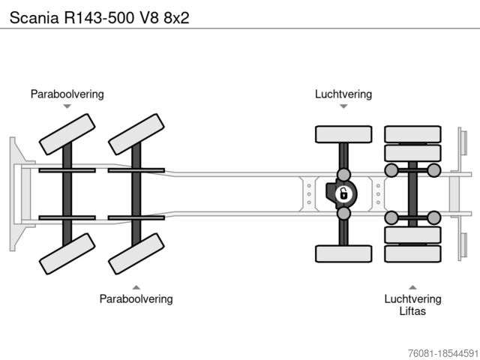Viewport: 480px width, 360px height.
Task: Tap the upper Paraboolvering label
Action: (67, 94)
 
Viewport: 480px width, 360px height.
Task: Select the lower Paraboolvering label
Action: (136, 298)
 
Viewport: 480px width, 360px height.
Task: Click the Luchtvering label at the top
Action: (343, 94)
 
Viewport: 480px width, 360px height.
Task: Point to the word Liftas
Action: (412, 310)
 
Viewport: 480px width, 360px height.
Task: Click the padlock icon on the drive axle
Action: (343, 194)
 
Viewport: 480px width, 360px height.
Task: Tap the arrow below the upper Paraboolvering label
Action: (67, 106)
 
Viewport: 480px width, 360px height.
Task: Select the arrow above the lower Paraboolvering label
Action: (136, 286)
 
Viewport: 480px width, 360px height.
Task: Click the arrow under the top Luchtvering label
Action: (343, 106)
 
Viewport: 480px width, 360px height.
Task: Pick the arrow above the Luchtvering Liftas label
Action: (412, 286)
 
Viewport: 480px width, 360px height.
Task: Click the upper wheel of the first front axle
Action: (67, 134)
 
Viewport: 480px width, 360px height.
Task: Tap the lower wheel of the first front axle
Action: (67, 253)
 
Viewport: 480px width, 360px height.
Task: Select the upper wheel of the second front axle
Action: (136, 134)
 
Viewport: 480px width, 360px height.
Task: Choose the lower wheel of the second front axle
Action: (136, 253)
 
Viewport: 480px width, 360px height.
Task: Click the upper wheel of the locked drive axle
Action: (343, 134)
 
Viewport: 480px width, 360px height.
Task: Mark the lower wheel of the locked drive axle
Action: (343, 253)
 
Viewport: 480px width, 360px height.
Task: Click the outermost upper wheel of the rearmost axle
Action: (412, 134)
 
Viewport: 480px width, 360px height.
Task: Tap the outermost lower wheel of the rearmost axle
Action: (412, 253)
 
